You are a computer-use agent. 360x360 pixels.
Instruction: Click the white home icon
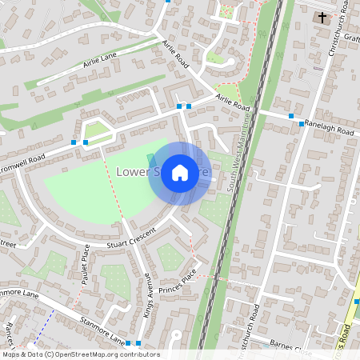[180, 173]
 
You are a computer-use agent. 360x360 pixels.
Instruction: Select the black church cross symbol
[322, 16]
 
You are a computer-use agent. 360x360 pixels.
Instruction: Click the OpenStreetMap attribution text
[80, 354]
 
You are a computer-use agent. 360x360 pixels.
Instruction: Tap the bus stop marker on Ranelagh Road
[301, 124]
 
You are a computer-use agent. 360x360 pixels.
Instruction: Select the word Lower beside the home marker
[132, 172]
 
